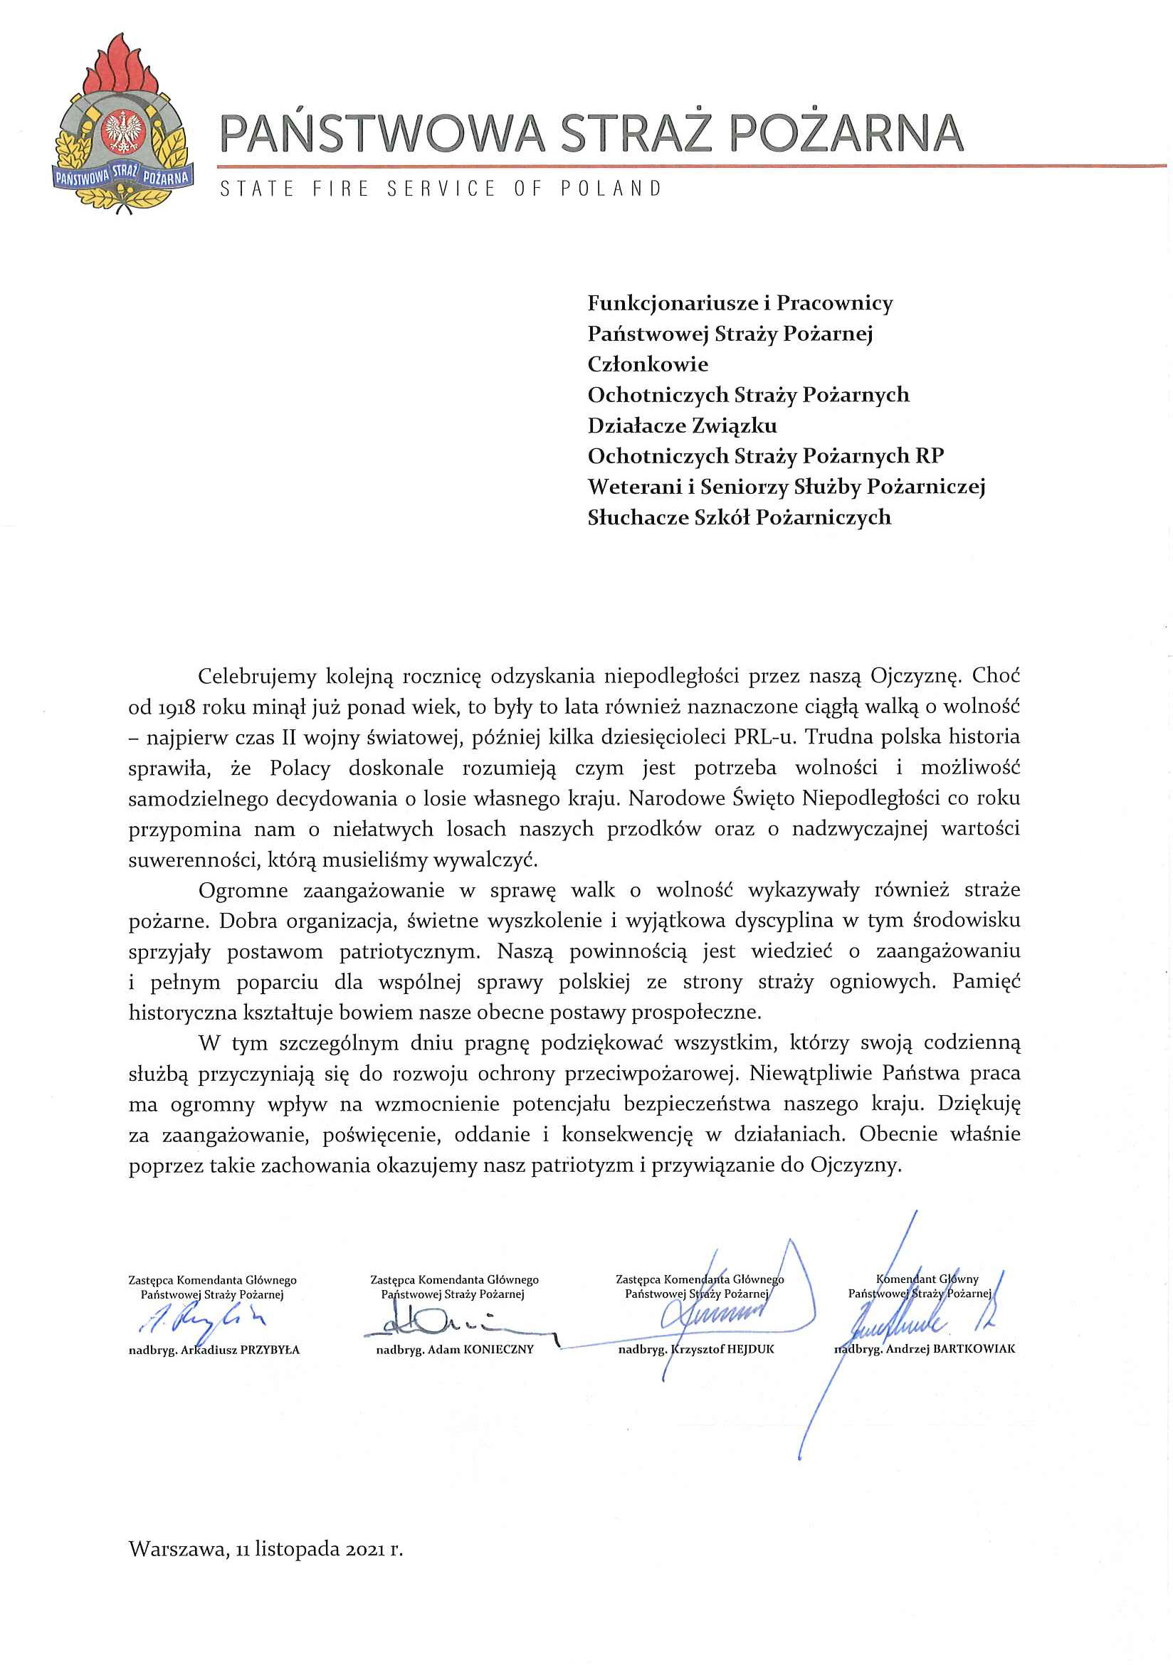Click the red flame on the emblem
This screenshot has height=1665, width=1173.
(122, 69)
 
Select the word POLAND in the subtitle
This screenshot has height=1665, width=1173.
(611, 189)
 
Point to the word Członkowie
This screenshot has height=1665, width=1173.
(647, 364)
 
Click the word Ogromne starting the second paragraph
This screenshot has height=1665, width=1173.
(243, 891)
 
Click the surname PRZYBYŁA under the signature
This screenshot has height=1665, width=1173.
(270, 1350)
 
